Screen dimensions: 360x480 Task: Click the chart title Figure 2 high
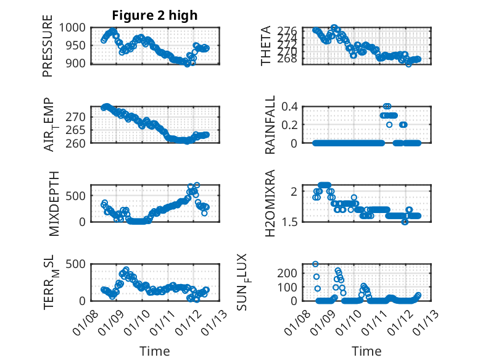pyautogui.click(x=155, y=15)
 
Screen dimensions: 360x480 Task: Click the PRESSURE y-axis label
pyautogui.click(x=48, y=50)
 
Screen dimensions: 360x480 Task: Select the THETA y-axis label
pyautogui.click(x=266, y=46)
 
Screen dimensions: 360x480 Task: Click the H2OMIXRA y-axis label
pyautogui.click(x=270, y=204)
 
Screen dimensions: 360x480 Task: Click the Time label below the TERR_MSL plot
pyautogui.click(x=155, y=351)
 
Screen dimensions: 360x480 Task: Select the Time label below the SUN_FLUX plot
pyautogui.click(x=366, y=351)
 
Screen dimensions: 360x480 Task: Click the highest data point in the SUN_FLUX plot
pyautogui.click(x=316, y=264)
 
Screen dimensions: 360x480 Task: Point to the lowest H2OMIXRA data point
pyautogui.click(x=405, y=222)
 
